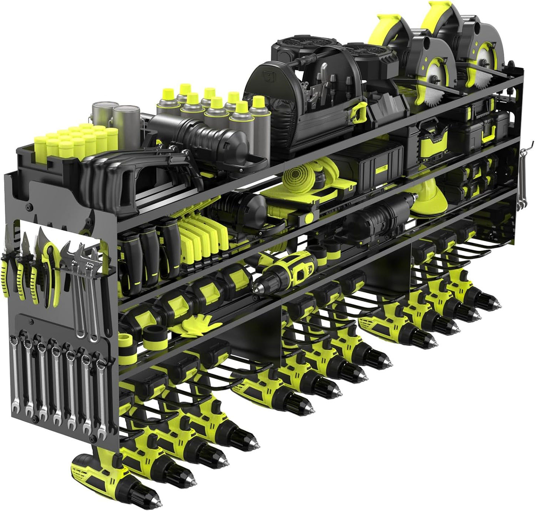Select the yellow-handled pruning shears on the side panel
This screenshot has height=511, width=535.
coord(50,270)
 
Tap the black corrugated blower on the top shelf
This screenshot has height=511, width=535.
coord(193,130)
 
